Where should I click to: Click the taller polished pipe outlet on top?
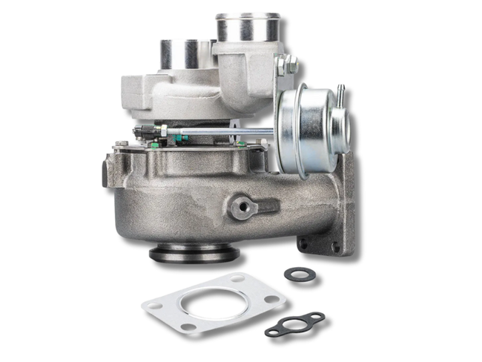click(248, 28)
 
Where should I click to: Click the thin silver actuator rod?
click(215, 134)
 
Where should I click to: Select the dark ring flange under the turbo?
click(194, 254)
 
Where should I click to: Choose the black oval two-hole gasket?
click(294, 324)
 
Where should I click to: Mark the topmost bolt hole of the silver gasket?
click(238, 279)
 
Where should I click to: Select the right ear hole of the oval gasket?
click(317, 319)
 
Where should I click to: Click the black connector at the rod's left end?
click(144, 134)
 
